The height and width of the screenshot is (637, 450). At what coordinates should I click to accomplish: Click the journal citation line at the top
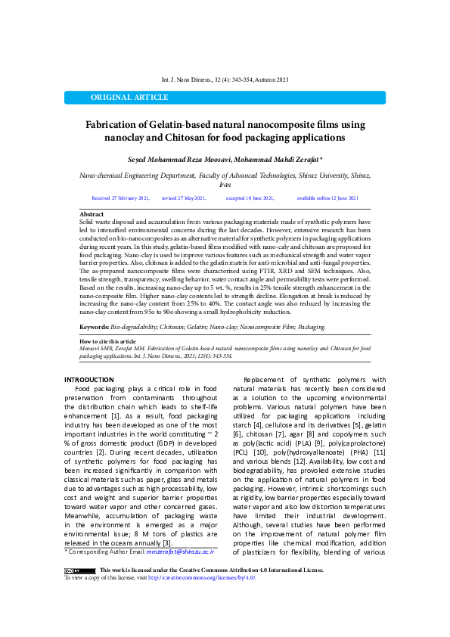coord(225,79)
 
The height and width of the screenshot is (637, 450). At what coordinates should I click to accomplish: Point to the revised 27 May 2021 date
coord(183,197)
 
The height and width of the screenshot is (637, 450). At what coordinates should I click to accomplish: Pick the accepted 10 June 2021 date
coord(250,197)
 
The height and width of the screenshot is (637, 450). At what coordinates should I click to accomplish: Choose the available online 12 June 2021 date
coord(327,197)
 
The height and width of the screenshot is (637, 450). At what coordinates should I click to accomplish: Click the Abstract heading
coord(92,215)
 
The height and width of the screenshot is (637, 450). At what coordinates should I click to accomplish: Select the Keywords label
coord(94,327)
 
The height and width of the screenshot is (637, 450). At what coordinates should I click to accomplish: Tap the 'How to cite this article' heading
coord(108,342)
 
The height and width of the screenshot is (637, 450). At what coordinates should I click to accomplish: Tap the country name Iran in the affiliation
coord(225,184)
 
